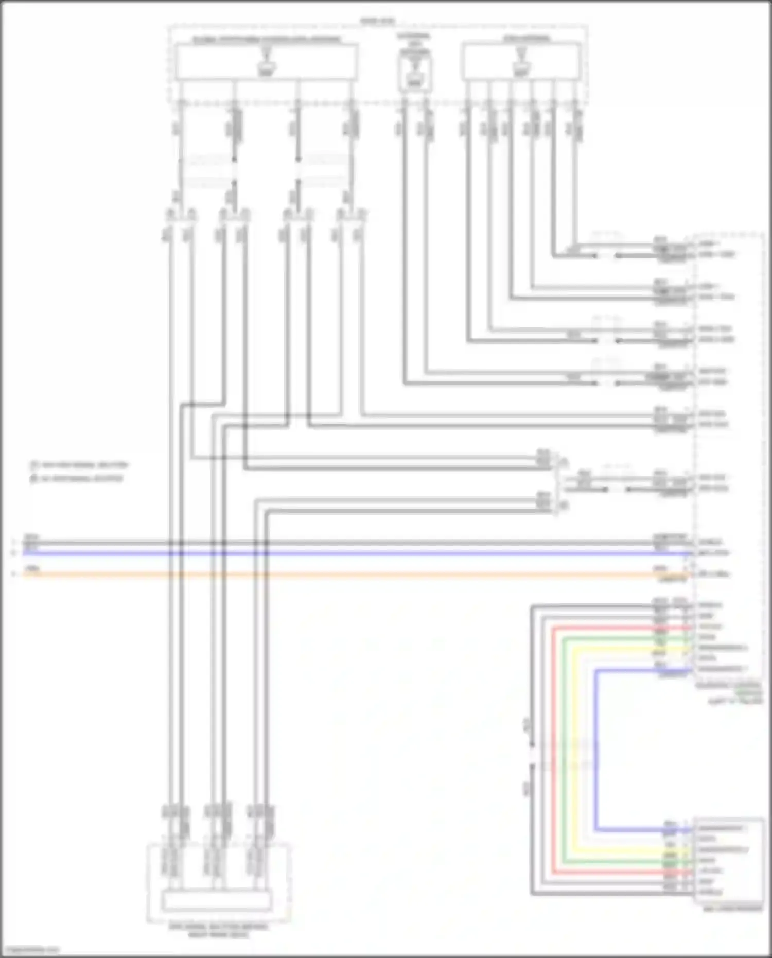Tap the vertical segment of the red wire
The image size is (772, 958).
point(553,746)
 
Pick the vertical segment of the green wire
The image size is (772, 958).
point(564,746)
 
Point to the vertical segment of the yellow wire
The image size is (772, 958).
point(574,746)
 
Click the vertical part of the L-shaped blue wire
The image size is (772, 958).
point(595,746)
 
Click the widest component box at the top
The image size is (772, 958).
point(267,62)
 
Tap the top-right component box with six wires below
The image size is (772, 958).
point(522,62)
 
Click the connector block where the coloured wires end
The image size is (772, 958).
point(729,860)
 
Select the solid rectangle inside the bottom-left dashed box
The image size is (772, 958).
point(217,901)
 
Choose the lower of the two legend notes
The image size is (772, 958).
point(77,478)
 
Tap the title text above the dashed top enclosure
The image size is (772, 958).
point(377,21)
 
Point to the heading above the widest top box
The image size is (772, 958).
point(267,39)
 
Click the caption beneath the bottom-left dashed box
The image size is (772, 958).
point(218,930)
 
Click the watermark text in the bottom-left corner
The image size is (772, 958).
point(30,950)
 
